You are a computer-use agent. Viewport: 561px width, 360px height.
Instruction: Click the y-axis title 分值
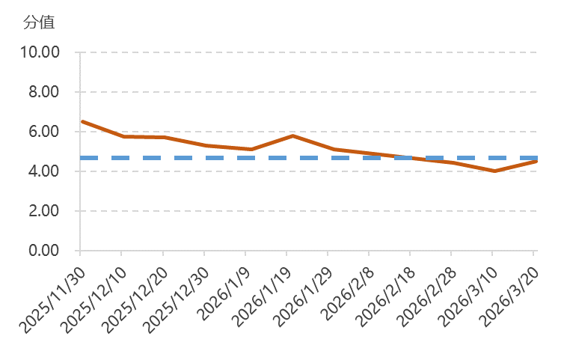[39, 22]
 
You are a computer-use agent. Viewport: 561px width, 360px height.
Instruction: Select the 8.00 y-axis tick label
[44, 93]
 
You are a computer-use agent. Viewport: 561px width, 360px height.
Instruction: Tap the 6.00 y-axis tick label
[44, 132]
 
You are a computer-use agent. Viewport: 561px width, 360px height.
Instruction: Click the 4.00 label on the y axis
[44, 171]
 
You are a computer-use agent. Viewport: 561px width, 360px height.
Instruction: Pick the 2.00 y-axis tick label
[44, 211]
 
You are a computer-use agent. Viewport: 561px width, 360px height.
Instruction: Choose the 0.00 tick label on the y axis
[44, 251]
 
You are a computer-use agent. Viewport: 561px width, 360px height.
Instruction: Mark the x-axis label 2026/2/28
[424, 293]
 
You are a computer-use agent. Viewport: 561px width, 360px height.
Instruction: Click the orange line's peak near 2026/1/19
[292, 135]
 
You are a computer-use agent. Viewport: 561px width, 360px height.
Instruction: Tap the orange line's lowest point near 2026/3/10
[494, 171]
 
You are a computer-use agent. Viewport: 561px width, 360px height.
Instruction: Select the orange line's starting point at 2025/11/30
[82, 121]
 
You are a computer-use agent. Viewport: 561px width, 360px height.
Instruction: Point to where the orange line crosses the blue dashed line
[408, 158]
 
